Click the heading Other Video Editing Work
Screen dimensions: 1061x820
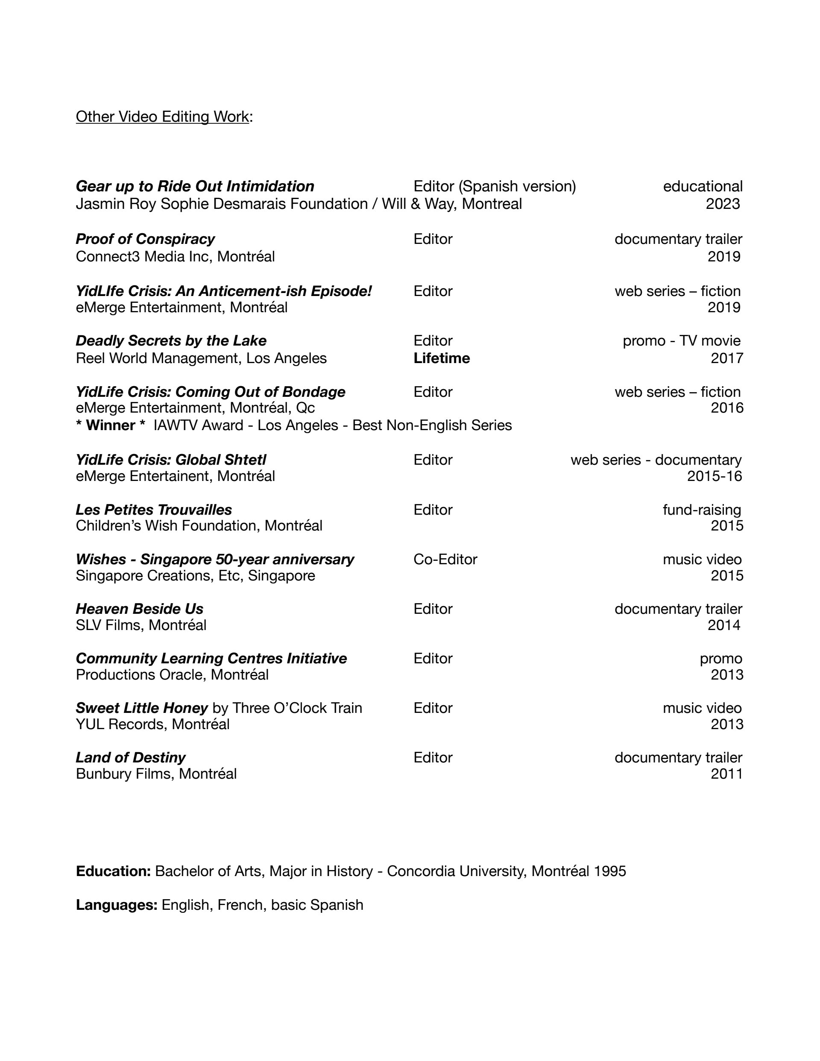[x=162, y=117]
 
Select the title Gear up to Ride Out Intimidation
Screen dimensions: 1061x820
[x=195, y=187]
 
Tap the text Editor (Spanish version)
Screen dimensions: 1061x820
[x=495, y=187]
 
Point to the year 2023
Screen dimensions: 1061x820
[x=723, y=204]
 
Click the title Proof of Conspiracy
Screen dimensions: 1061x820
[x=145, y=239]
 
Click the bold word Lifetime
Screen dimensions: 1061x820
[x=442, y=358]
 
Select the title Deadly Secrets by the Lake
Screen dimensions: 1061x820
[x=171, y=341]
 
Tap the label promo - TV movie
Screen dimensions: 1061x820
[x=682, y=341]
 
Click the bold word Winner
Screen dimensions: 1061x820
[x=110, y=425]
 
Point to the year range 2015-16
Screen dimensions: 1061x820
[x=714, y=476]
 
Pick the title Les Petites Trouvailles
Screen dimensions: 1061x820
[x=153, y=510]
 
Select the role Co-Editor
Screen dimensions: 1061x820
[x=445, y=560]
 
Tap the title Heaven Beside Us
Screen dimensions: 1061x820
[x=139, y=609]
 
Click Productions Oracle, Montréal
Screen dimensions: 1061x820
[x=172, y=675]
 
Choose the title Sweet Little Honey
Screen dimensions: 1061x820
[x=141, y=708]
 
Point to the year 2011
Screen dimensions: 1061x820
[x=727, y=774]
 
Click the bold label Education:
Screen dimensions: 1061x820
[x=113, y=871]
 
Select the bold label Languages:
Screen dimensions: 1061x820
[x=117, y=905]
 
